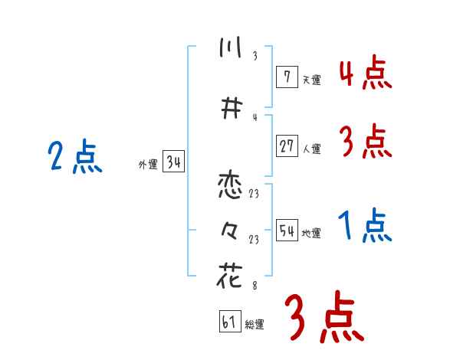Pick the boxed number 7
pyautogui.click(x=287, y=76)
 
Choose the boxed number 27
pyautogui.click(x=287, y=146)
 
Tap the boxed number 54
pyautogui.click(x=287, y=230)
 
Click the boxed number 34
pyautogui.click(x=173, y=162)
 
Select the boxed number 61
pyautogui.click(x=229, y=322)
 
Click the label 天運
pyautogui.click(x=311, y=79)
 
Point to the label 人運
pyautogui.click(x=311, y=149)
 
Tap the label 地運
pyautogui.click(x=311, y=233)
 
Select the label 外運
pyautogui.click(x=147, y=165)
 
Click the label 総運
pyautogui.click(x=255, y=325)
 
